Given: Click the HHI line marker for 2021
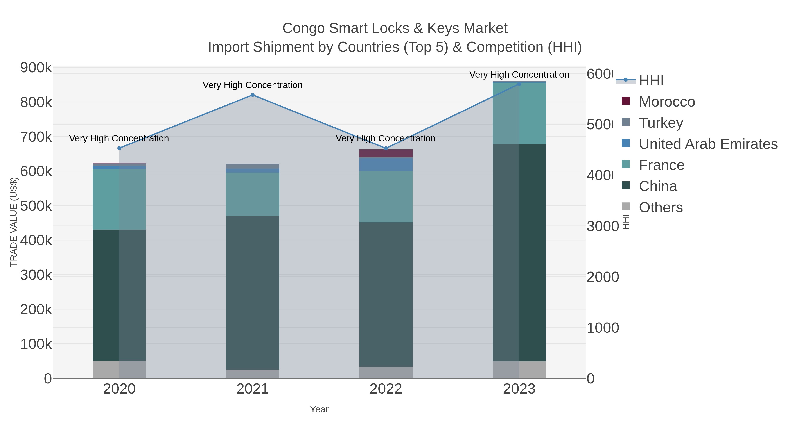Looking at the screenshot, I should coord(252,95).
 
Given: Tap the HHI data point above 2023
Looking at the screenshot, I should coord(519,84).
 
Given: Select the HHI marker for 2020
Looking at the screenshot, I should coord(119,148).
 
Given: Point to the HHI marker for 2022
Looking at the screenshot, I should coord(386,148).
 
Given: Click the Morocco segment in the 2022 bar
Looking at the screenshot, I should coord(386,153).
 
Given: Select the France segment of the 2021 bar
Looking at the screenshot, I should coord(252,194).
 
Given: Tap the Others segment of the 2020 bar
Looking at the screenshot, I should coord(119,369).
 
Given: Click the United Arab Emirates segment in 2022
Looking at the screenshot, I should coord(386,164).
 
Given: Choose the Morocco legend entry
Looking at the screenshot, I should coord(666,102).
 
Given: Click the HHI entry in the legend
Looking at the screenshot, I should coord(651,81).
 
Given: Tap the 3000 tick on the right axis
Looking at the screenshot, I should coord(602,226).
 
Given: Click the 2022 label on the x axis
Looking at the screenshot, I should coord(386,389).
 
